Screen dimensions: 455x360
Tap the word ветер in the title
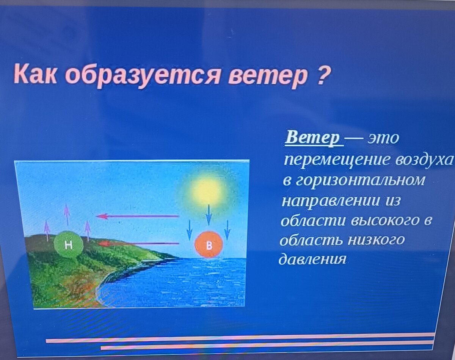[256, 77]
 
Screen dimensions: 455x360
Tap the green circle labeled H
[68, 245]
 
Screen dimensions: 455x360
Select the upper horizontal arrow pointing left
[138, 216]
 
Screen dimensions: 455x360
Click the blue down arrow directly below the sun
[209, 215]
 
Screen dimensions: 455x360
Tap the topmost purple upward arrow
[67, 214]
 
